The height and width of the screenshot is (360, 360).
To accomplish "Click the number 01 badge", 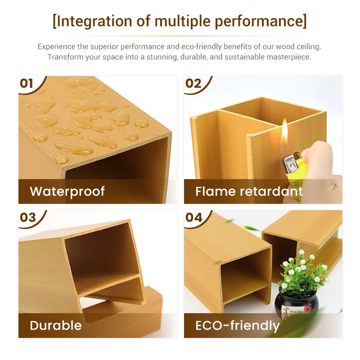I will (x=27, y=83).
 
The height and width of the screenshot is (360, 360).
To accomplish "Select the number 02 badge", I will (x=193, y=83).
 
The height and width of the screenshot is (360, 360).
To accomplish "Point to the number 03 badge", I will (x=27, y=217).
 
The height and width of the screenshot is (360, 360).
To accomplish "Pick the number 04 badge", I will (x=193, y=217).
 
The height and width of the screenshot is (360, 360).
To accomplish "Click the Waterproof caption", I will (x=67, y=191).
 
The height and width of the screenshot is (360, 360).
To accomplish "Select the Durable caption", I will (x=56, y=325).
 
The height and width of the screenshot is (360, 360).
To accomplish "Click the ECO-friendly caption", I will (x=237, y=325).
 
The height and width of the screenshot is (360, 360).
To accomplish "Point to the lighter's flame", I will (x=284, y=131).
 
